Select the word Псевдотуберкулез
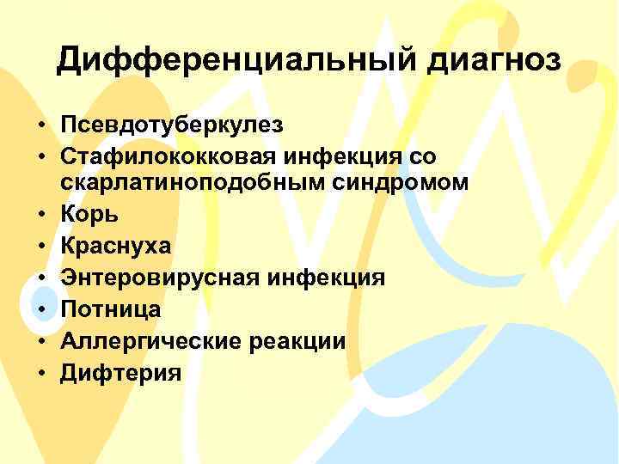coord(172,125)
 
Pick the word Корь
coord(88,214)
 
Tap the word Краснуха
coord(116,246)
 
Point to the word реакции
coord(297,341)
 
